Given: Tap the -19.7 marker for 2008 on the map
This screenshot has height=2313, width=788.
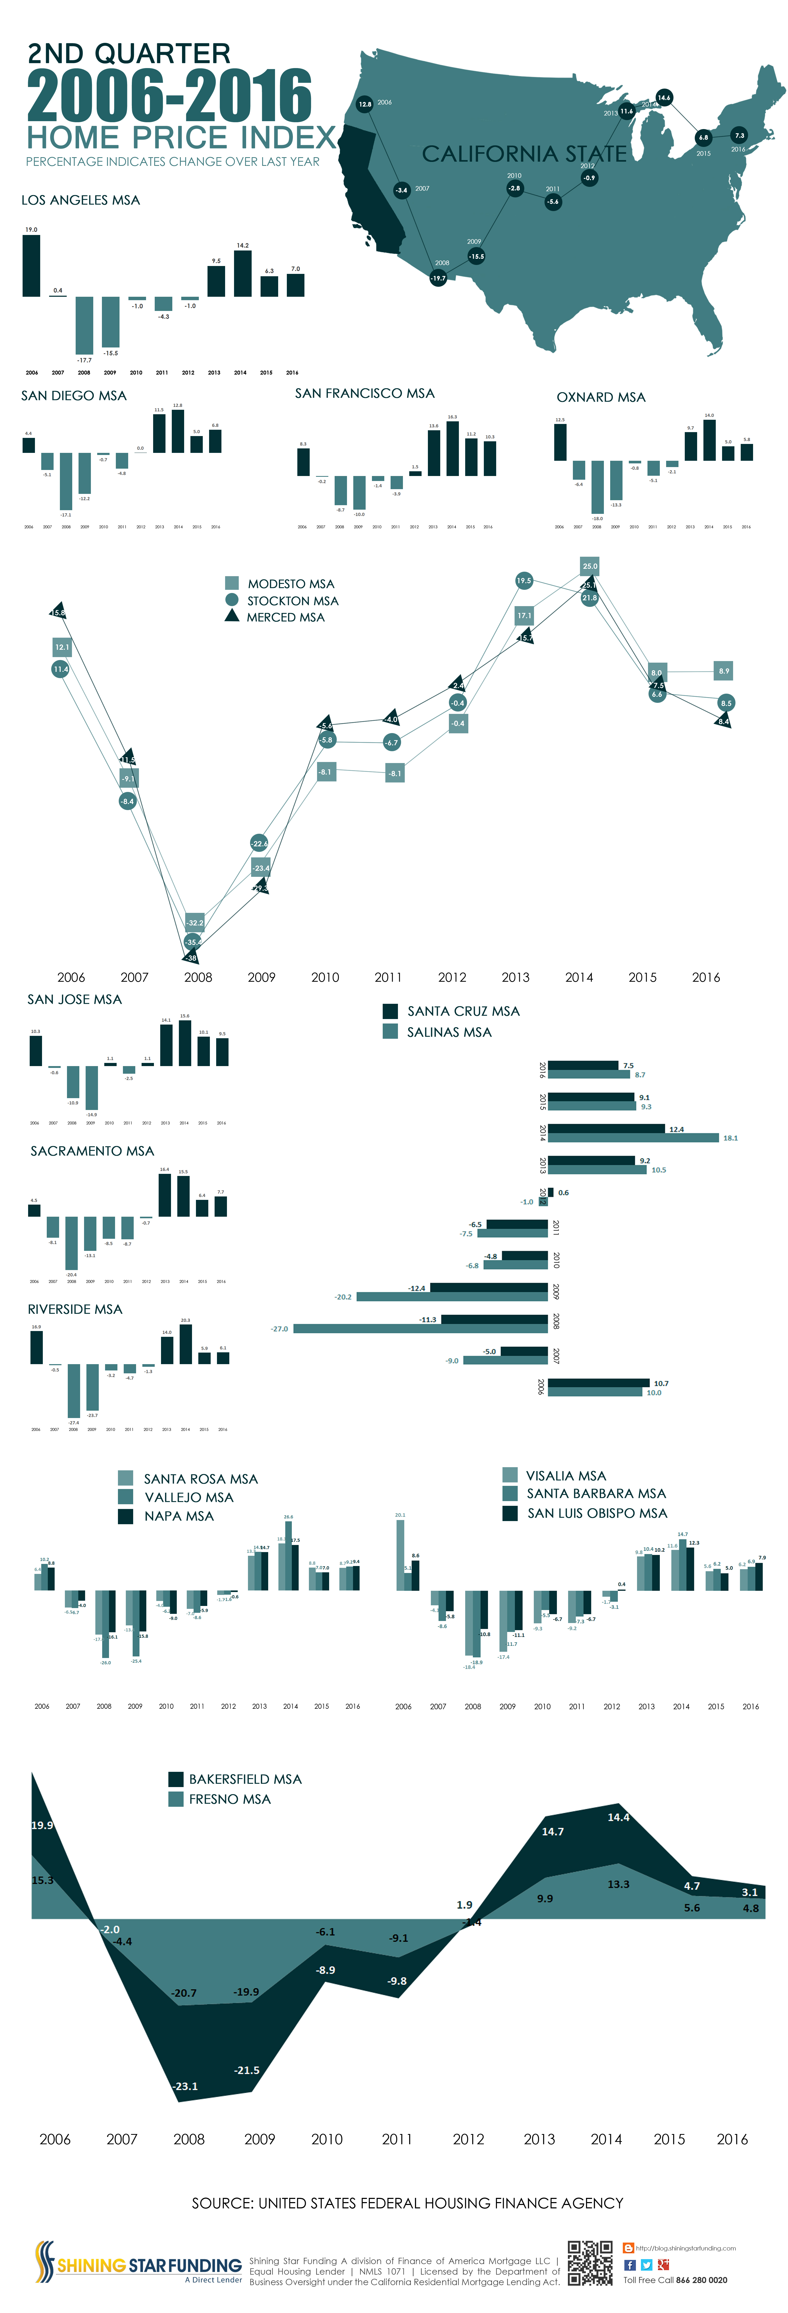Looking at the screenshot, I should [438, 278].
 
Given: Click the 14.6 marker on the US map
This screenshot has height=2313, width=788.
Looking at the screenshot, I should [663, 97].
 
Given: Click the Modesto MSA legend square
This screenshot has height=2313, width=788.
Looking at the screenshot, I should [232, 583].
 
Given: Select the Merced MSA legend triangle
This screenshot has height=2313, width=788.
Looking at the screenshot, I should [232, 616].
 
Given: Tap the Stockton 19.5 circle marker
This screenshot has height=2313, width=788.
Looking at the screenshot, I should [523, 581].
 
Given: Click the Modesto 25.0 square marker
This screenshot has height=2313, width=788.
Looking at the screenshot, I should [590, 566].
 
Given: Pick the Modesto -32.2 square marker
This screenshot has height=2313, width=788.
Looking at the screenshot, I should [195, 922].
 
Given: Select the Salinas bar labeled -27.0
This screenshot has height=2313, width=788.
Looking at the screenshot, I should [420, 1328].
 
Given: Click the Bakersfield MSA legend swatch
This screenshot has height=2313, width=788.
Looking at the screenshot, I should [176, 1779].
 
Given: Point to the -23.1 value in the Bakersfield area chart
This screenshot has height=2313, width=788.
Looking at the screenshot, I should [186, 2086].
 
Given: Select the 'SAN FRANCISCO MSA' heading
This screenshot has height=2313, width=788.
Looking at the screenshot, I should [364, 393].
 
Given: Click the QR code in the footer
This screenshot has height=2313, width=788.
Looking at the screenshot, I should [590, 2263].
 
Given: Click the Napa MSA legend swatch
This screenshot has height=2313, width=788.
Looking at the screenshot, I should [126, 1516].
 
